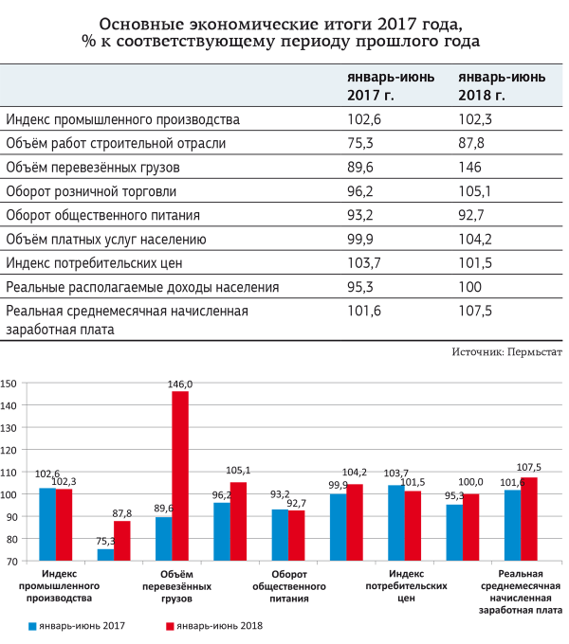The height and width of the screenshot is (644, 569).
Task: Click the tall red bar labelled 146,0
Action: (180, 475)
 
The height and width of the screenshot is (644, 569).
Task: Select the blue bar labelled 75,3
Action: (105, 555)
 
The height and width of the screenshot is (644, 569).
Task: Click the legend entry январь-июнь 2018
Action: (213, 626)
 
